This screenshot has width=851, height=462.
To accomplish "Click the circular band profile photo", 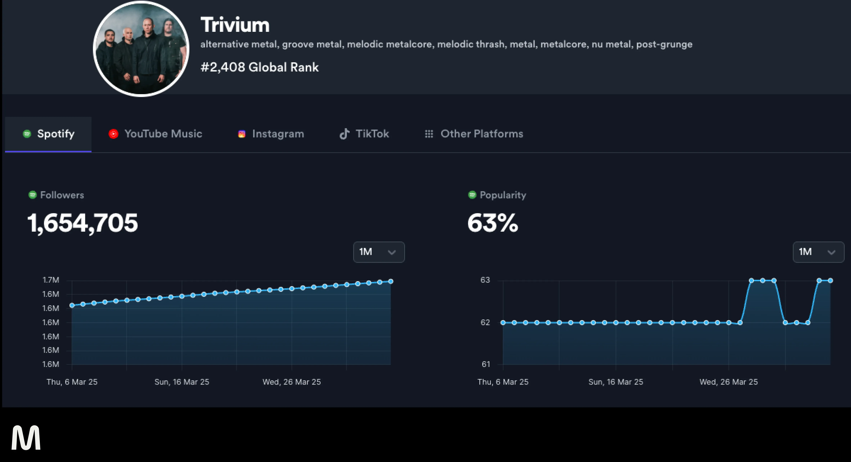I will point(141,49).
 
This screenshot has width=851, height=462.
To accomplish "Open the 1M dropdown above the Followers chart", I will point(379,252).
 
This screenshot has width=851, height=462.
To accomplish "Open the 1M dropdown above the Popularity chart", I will point(818,252).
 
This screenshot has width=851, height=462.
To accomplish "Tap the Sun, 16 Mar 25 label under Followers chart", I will point(182,382).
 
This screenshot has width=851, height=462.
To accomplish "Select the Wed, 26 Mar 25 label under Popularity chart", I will point(728,382).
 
